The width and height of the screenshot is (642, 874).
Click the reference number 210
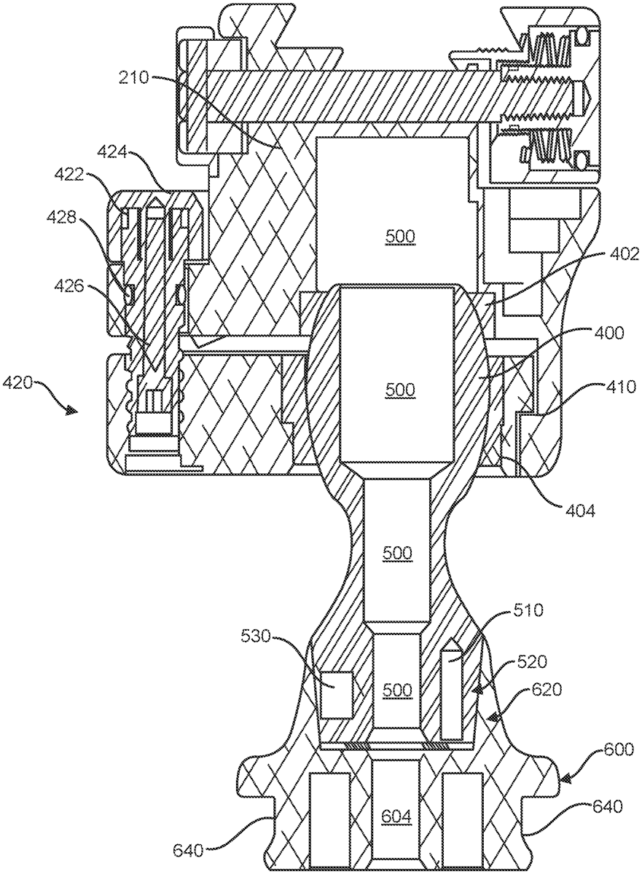click(x=133, y=78)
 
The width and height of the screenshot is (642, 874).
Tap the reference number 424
click(x=111, y=152)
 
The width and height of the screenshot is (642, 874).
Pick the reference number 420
click(x=17, y=383)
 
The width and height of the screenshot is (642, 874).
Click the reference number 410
click(x=621, y=387)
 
